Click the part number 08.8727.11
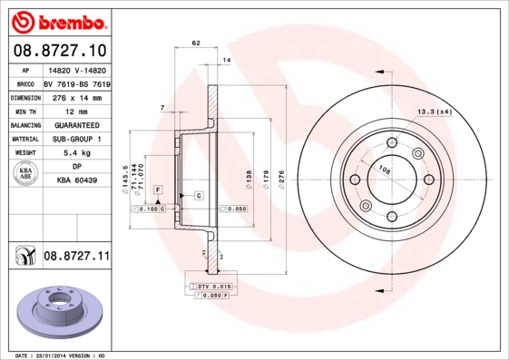pos(75,258)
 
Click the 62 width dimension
pos(196,43)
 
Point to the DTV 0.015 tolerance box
pos(210,287)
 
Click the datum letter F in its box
pos(158,189)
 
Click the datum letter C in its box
pos(198,195)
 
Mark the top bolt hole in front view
pos(392,143)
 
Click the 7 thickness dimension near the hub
pos(162,108)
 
